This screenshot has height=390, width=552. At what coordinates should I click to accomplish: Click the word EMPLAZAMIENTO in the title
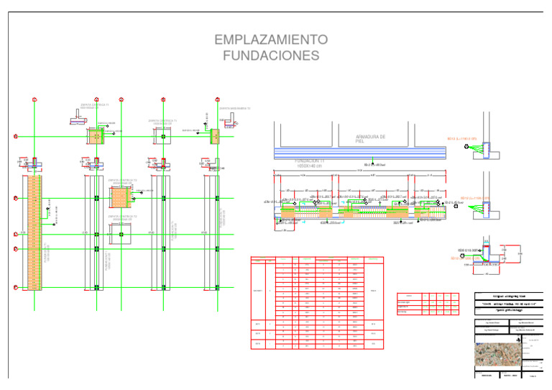point(271,39)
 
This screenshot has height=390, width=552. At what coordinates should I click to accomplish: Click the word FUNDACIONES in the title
point(271,55)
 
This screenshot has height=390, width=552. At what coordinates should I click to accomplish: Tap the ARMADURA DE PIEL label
point(371,139)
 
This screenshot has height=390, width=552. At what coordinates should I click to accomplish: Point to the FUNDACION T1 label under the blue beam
point(312,162)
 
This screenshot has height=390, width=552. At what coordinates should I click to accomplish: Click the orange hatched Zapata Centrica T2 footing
point(119,196)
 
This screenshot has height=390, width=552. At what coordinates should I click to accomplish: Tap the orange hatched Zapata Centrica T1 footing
point(96,136)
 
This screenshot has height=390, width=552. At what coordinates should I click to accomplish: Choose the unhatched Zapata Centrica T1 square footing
point(162,135)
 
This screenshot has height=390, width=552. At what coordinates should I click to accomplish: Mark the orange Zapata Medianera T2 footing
point(214,136)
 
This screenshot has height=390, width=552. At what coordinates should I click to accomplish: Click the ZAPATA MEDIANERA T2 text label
point(234,109)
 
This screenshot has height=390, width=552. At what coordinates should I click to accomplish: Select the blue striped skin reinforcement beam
point(359,153)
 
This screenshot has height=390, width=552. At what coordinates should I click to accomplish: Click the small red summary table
point(428,304)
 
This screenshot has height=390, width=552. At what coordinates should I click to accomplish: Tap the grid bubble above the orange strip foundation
point(34,99)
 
